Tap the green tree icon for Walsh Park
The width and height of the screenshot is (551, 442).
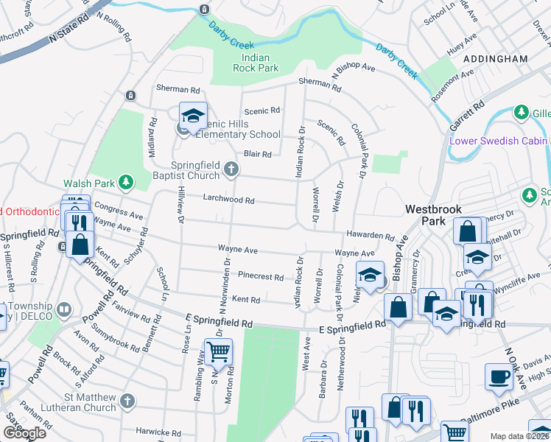click(126, 181)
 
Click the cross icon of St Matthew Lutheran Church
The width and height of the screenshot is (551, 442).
click(127, 401)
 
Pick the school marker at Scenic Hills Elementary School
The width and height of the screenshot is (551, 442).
click(193, 116)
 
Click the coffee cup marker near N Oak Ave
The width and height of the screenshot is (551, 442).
click(499, 376)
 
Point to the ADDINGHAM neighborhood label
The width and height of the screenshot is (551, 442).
click(496, 58)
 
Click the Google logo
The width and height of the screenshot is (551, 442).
click(24, 433)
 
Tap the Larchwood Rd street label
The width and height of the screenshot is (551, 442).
click(228, 200)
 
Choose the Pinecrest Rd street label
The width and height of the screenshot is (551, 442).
click(261, 277)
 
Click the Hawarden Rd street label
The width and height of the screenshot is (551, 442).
click(371, 236)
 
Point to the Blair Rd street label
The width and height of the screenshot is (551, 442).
click(258, 154)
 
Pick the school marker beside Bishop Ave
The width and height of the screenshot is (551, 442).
click(370, 276)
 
